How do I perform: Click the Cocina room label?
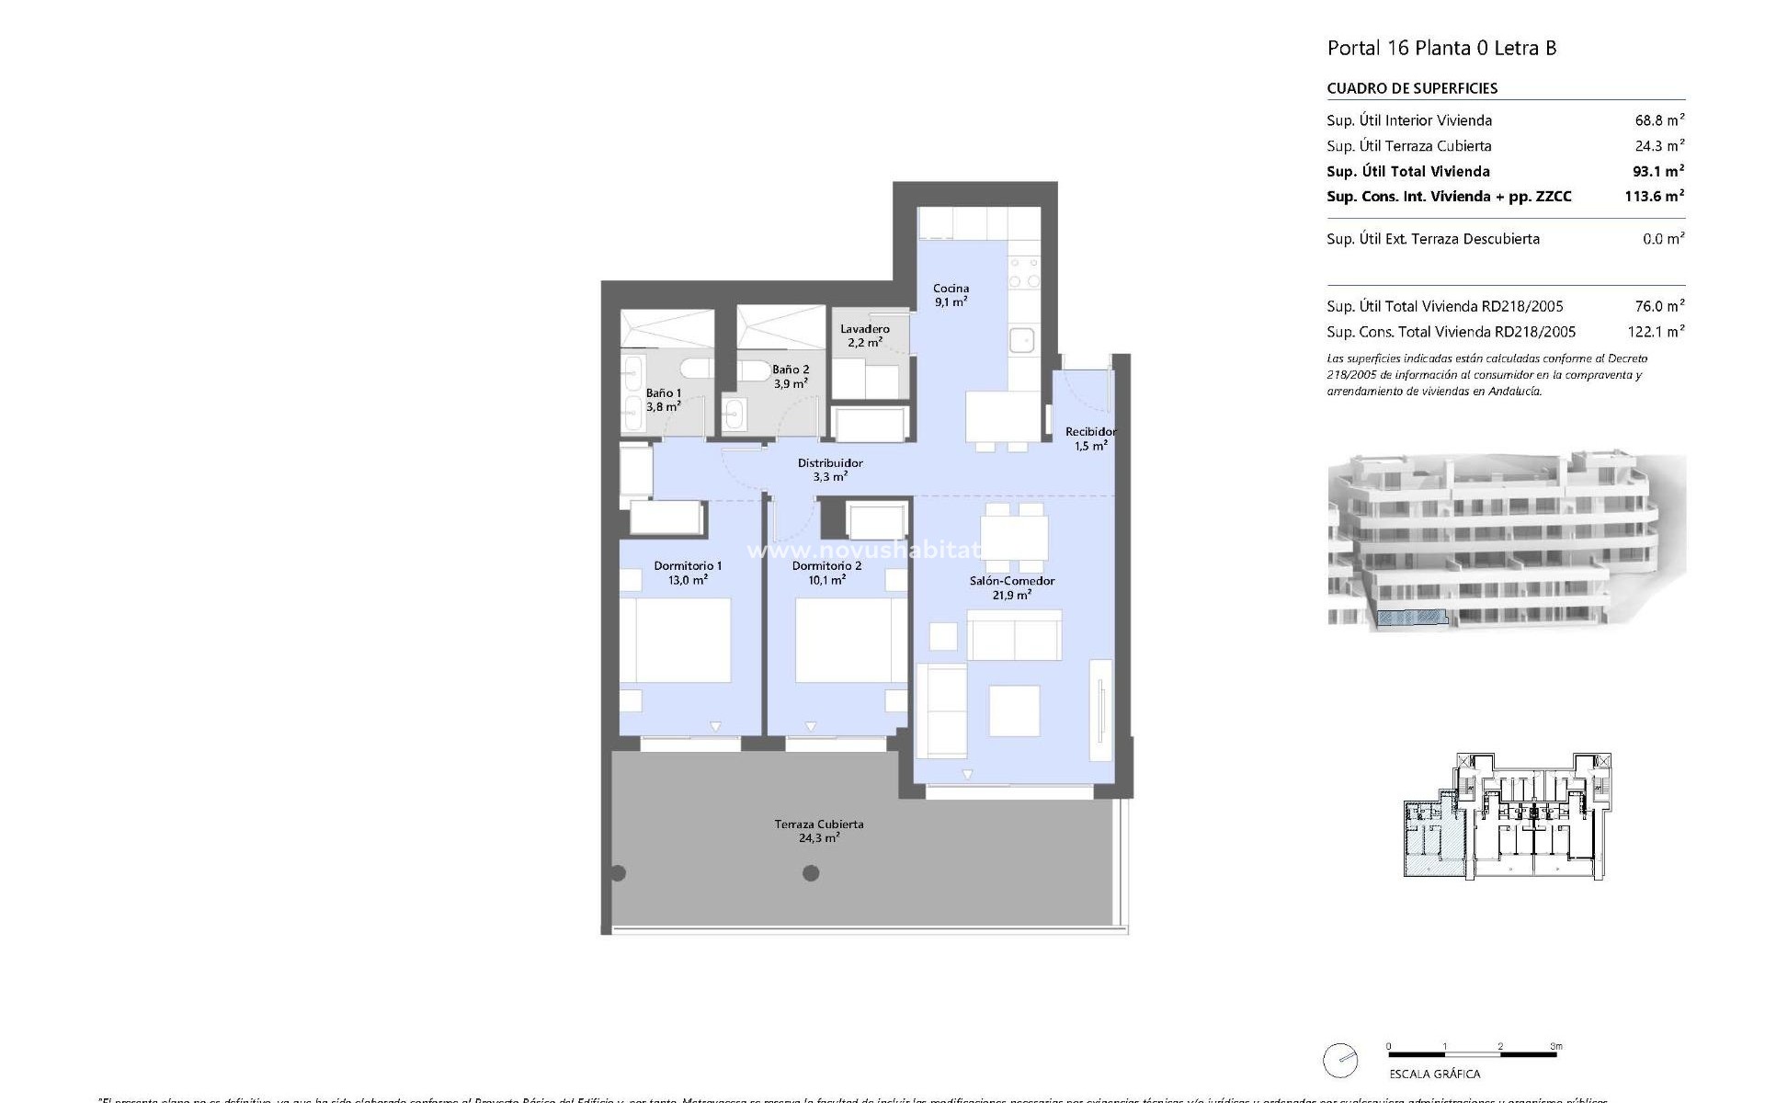pos(951,295)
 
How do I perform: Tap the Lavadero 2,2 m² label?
pos(864,335)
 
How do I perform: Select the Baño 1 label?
pos(663,399)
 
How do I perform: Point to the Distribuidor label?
pos(829,470)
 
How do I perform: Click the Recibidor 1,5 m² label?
pos(1090,438)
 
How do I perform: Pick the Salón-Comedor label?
pos(1011,587)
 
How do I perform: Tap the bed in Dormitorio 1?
pos(676,640)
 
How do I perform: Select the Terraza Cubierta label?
pos(818,831)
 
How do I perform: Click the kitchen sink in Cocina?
pos(1022,340)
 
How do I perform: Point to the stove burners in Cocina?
pos(1024,273)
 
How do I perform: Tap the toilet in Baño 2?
pos(756,370)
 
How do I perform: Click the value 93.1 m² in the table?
pos(1654,171)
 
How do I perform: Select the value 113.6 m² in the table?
pos(1654,196)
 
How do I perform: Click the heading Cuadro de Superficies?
pos(1412,88)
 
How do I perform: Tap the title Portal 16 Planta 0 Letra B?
pos(1441,48)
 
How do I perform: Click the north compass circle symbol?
pos(1340,1061)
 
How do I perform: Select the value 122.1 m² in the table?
pos(1656,332)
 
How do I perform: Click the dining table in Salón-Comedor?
pos(1013,538)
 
